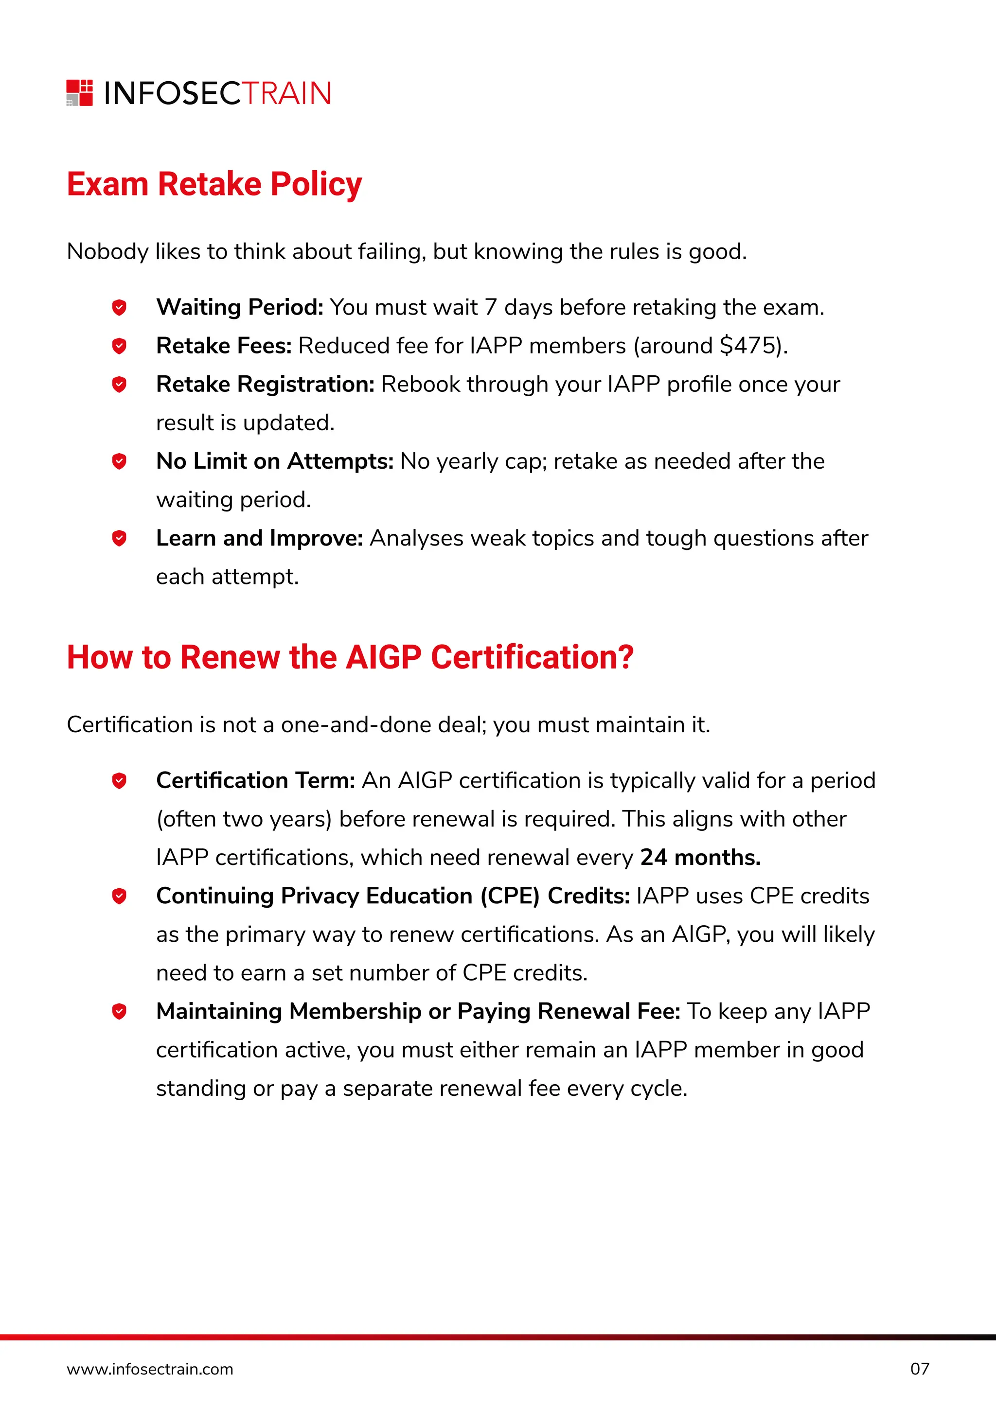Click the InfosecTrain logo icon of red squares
tap(80, 92)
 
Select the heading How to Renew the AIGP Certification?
tap(350, 657)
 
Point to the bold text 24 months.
tap(700, 857)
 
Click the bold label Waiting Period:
tap(239, 307)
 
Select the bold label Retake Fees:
tap(224, 346)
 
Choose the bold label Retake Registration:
tap(265, 385)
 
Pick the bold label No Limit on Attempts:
tap(275, 461)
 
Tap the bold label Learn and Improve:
tap(259, 538)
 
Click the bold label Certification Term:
tap(256, 781)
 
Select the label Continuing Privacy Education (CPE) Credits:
tap(392, 896)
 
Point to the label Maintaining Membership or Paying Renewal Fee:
tap(418, 1011)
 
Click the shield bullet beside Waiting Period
tap(119, 307)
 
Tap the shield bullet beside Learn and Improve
tap(119, 538)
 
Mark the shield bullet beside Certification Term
tap(119, 781)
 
